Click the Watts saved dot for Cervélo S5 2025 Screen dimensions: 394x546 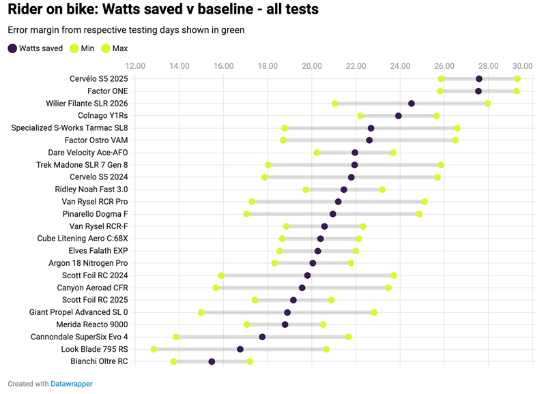(x=479, y=79)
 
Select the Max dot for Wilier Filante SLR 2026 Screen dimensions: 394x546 (x=488, y=104)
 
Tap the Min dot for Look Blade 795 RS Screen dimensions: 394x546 (x=154, y=349)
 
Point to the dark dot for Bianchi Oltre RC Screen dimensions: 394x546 (x=212, y=361)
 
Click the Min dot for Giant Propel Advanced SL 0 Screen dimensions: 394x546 (x=201, y=312)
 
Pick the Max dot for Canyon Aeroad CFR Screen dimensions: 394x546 (x=388, y=288)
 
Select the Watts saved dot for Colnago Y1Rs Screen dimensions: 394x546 (x=399, y=116)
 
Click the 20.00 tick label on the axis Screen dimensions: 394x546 (x=312, y=66)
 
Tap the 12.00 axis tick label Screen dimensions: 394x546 (x=135, y=66)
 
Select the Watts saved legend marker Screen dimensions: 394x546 (x=12, y=48)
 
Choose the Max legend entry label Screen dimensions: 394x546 (x=120, y=48)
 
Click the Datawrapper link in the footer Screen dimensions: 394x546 (x=72, y=384)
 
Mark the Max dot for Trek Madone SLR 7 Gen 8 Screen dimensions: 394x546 (x=441, y=165)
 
